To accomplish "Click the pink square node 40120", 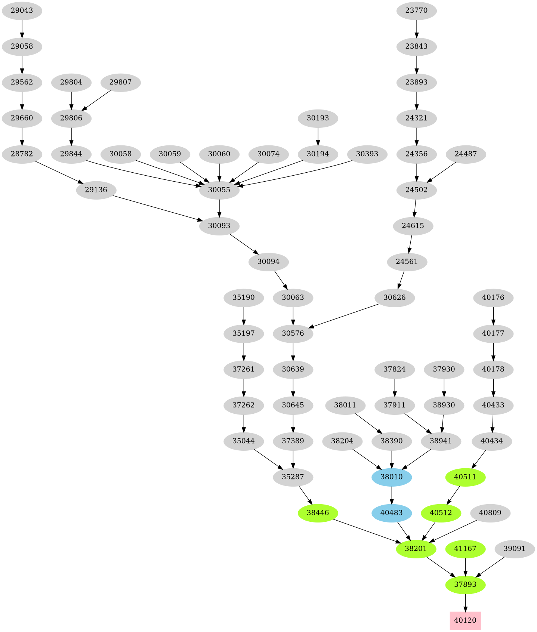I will click(x=465, y=620).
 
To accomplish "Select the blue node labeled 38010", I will click(x=392, y=477).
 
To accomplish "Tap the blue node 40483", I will click(x=392, y=513).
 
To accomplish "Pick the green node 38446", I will click(x=318, y=513).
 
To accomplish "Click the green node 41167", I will click(x=465, y=549).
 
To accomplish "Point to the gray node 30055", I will click(x=219, y=190).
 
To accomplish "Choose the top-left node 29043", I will click(x=22, y=10).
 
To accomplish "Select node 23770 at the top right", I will click(x=416, y=10).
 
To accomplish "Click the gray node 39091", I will click(x=514, y=549).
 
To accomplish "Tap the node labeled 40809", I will click(x=490, y=513).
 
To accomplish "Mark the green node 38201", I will click(x=416, y=549).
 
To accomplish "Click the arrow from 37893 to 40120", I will click(x=465, y=602).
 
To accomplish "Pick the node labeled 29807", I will click(x=120, y=82).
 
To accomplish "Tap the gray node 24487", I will click(x=466, y=154).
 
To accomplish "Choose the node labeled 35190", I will click(x=244, y=298).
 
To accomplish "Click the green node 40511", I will click(x=465, y=477).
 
